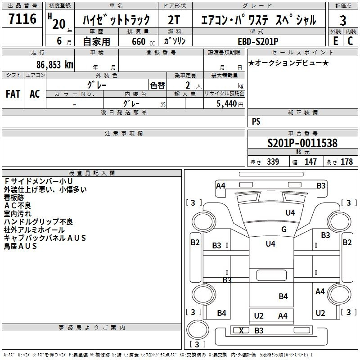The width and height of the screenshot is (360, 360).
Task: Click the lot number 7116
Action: pos(22,18)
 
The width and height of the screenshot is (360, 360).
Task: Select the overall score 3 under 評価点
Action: pos(343,20)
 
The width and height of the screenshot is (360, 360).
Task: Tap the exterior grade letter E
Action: pos(336,41)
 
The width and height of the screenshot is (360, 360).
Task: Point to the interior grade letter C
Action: pos(350,41)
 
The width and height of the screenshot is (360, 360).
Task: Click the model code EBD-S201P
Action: pos(258,41)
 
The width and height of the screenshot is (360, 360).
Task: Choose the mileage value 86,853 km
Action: pos(55,64)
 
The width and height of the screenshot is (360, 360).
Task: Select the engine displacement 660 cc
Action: pos(143,41)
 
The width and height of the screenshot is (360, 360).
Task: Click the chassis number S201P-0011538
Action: pos(302,143)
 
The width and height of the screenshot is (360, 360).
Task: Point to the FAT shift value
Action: pos(13,94)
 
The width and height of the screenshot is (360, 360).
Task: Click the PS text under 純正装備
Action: pos(256,121)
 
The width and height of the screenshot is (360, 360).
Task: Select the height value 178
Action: pos(346,162)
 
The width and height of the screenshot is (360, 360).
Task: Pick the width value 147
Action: pos(310,162)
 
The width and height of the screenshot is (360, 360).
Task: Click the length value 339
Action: pos(273,162)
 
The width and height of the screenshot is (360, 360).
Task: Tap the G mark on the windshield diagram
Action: pos(284,229)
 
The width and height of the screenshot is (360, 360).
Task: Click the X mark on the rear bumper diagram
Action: pos(241,330)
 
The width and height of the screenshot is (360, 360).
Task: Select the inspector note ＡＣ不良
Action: pos(18,206)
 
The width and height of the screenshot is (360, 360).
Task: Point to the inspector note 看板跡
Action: pos(14,198)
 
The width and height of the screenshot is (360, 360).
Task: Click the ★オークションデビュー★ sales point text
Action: pos(288,63)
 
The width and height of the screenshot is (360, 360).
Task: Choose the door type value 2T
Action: pos(174,20)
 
